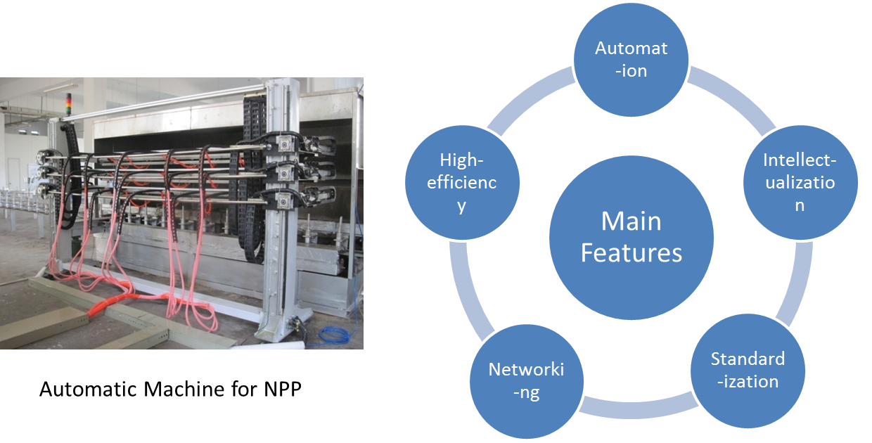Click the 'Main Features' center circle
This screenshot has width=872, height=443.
(631, 236)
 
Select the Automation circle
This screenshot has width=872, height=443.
(630, 59)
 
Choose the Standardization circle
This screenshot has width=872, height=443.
(747, 371)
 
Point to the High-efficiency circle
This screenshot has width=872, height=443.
(462, 183)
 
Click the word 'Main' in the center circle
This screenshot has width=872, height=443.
(631, 222)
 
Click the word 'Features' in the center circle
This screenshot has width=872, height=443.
(631, 252)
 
